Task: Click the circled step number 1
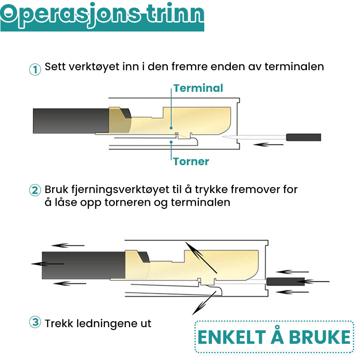tap(35, 69)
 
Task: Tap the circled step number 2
tap(35, 190)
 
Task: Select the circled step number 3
tap(35, 322)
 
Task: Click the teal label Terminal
tap(198, 88)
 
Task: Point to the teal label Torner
tap(191, 162)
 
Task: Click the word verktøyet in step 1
tap(94, 67)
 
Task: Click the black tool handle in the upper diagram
tap(303, 137)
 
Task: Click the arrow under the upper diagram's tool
tap(268, 144)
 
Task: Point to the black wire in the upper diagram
tap(71, 121)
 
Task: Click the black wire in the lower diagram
tap(84, 265)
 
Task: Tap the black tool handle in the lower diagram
tap(286, 282)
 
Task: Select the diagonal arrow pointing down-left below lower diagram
tap(204, 303)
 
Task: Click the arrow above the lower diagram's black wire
tap(68, 245)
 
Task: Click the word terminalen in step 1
tap(294, 67)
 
